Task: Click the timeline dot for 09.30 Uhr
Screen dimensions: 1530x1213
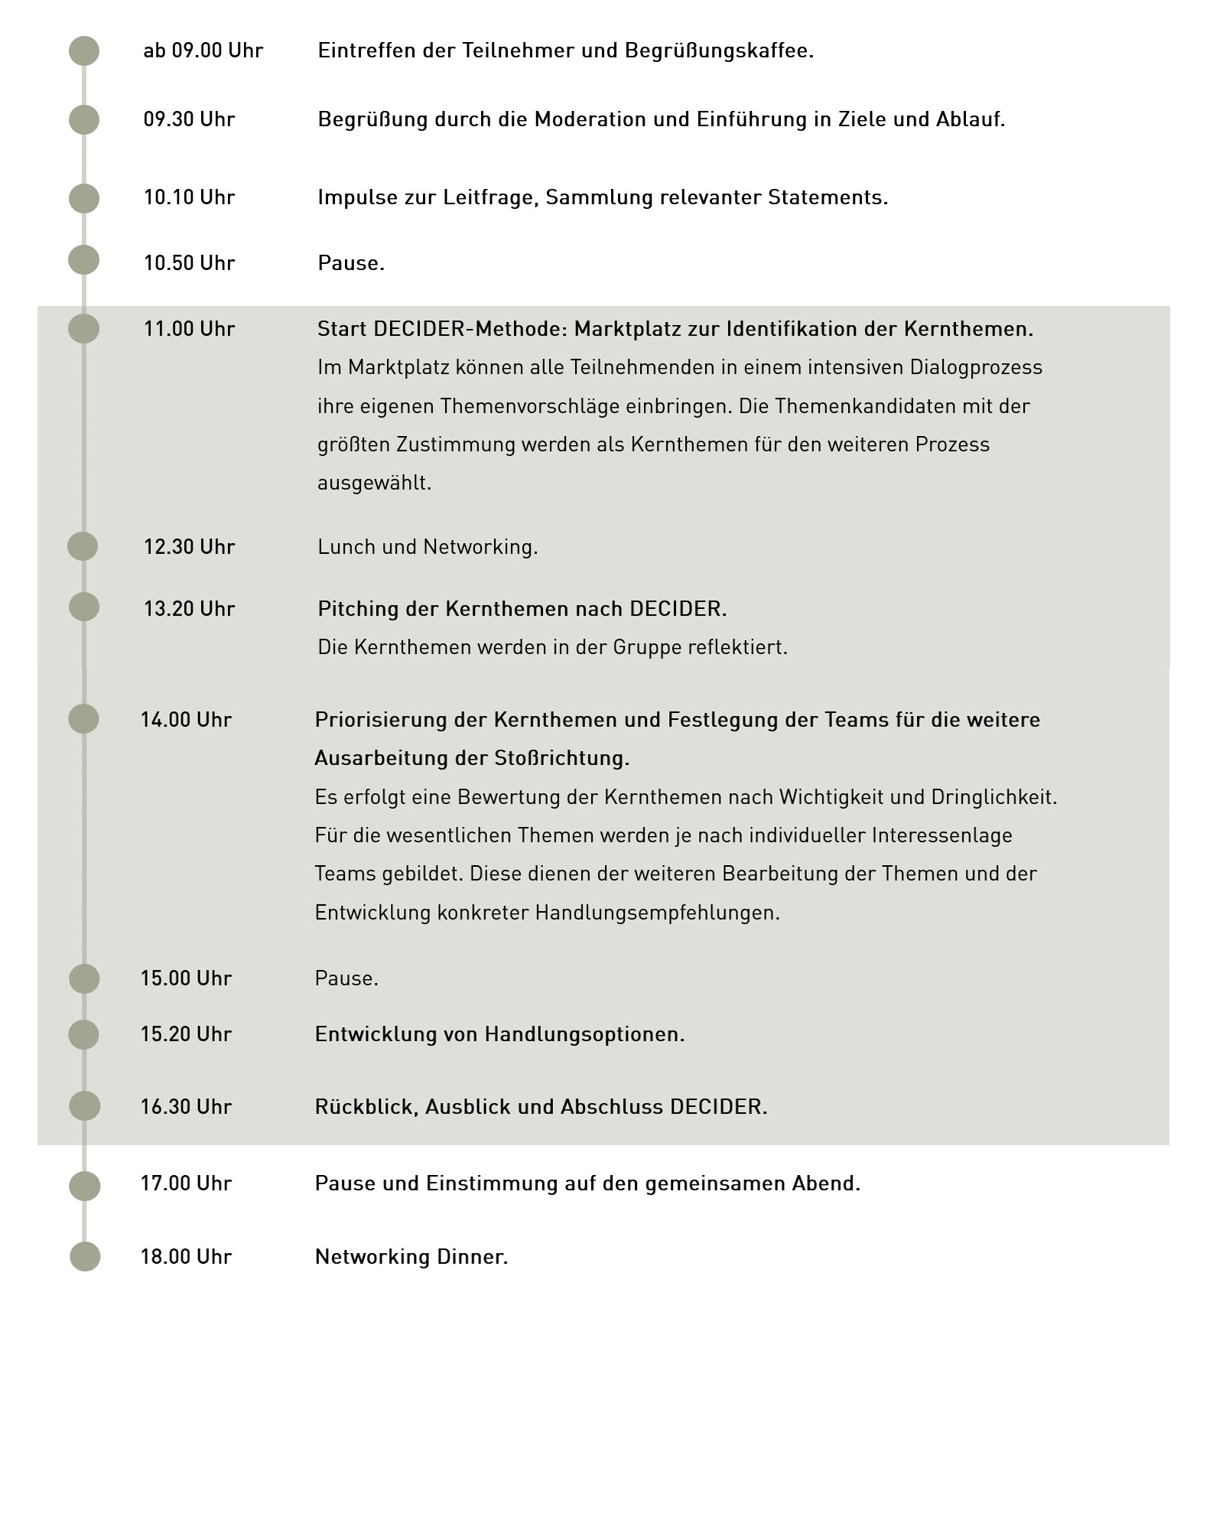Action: coord(84,120)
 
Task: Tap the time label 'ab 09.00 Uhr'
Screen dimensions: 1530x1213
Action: coord(203,51)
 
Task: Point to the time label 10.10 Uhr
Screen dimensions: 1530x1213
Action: coord(189,197)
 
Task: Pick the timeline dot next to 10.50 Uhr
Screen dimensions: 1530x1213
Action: coord(84,260)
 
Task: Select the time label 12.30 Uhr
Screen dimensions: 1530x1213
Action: coord(189,547)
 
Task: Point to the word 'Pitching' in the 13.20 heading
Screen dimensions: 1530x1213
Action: coord(358,610)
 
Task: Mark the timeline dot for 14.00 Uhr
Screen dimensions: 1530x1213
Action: coord(84,719)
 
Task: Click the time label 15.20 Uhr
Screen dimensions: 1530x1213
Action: coord(186,1034)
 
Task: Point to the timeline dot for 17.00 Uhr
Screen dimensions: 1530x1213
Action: coord(85,1187)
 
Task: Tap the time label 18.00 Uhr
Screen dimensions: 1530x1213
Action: coord(186,1257)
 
